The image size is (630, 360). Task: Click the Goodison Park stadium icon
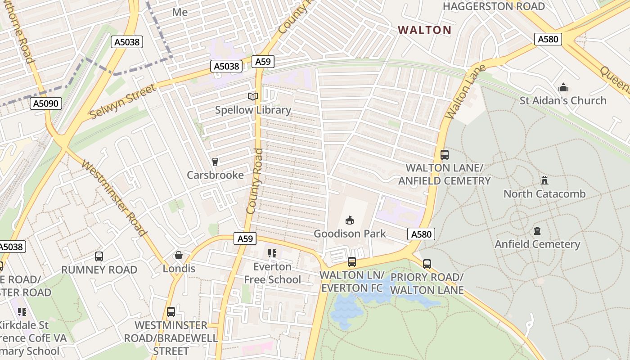(x=349, y=220)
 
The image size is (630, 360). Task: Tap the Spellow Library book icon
(x=253, y=96)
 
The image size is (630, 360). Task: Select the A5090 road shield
(x=46, y=104)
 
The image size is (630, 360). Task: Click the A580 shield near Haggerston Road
(x=548, y=39)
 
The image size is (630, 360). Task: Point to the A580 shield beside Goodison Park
(x=421, y=234)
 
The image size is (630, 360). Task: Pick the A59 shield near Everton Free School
(x=245, y=238)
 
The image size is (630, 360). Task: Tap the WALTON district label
(x=424, y=30)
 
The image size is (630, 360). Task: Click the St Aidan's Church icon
(x=563, y=87)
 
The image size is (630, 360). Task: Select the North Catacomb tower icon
(x=544, y=180)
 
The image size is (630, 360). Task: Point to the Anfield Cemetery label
(x=537, y=244)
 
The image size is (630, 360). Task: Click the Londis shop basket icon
(x=179, y=256)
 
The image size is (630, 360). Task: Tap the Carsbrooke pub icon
(x=215, y=162)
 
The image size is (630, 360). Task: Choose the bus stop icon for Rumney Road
(x=99, y=256)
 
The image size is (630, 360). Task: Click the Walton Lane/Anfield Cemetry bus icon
(x=445, y=155)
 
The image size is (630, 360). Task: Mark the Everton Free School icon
(x=272, y=253)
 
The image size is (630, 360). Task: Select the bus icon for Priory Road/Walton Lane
(x=427, y=264)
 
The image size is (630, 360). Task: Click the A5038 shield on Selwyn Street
(x=227, y=67)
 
